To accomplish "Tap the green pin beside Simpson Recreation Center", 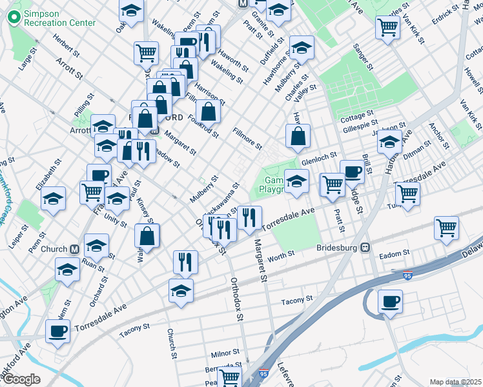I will (x=12, y=18).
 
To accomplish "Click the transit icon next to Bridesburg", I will (x=365, y=247).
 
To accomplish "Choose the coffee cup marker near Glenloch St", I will (x=352, y=172).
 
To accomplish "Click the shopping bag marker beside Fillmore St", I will (x=298, y=136).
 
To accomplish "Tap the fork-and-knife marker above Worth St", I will (x=185, y=261).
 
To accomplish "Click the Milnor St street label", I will (x=225, y=354).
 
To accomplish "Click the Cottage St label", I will (x=353, y=118).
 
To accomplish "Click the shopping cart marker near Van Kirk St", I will (x=387, y=27).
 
